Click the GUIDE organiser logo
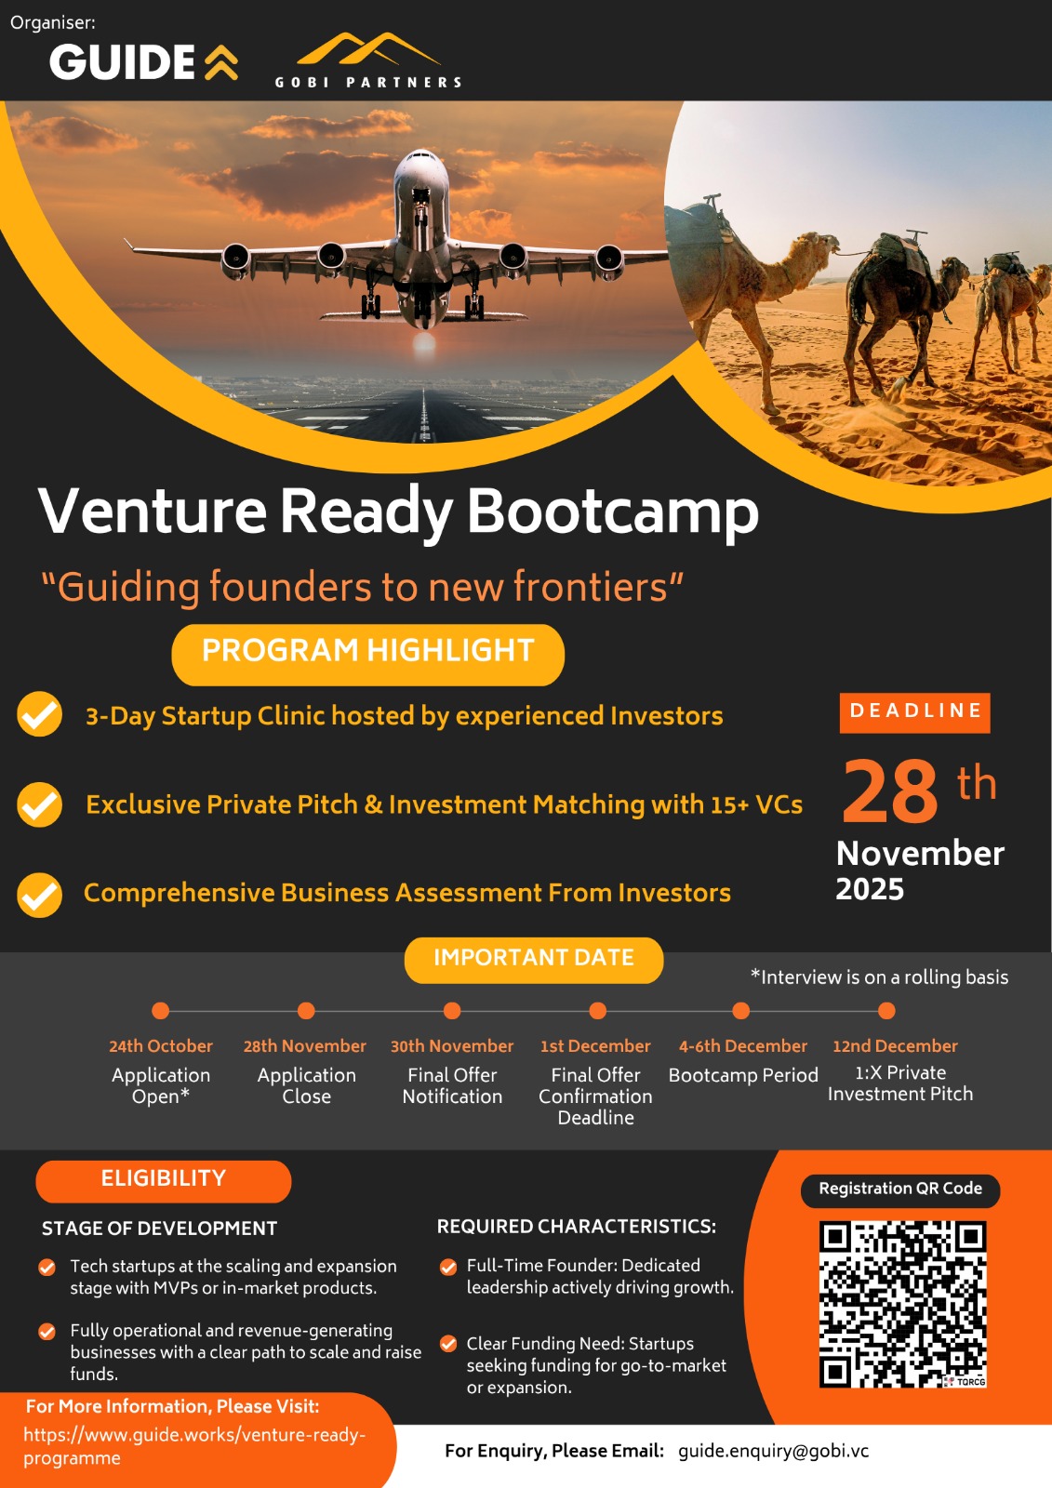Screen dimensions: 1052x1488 [143, 61]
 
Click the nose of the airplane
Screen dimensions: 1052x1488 [420, 162]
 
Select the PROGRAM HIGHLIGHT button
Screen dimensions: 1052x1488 [367, 654]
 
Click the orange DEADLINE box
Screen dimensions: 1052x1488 [914, 712]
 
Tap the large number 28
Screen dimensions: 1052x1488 [889, 790]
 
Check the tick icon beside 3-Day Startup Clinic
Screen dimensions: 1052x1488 [40, 714]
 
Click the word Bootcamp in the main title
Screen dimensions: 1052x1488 [613, 512]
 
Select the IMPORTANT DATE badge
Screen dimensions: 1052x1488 [534, 959]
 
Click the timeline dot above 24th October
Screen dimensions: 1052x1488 [160, 1010]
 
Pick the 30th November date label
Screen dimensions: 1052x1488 [452, 1046]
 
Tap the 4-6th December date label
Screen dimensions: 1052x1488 [743, 1046]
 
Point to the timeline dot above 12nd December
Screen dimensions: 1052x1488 [886, 1010]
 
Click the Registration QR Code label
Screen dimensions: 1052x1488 [900, 1189]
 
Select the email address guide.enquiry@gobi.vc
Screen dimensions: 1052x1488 [774, 1451]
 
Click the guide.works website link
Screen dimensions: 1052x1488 [194, 1446]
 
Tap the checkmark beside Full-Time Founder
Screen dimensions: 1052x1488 [448, 1267]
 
